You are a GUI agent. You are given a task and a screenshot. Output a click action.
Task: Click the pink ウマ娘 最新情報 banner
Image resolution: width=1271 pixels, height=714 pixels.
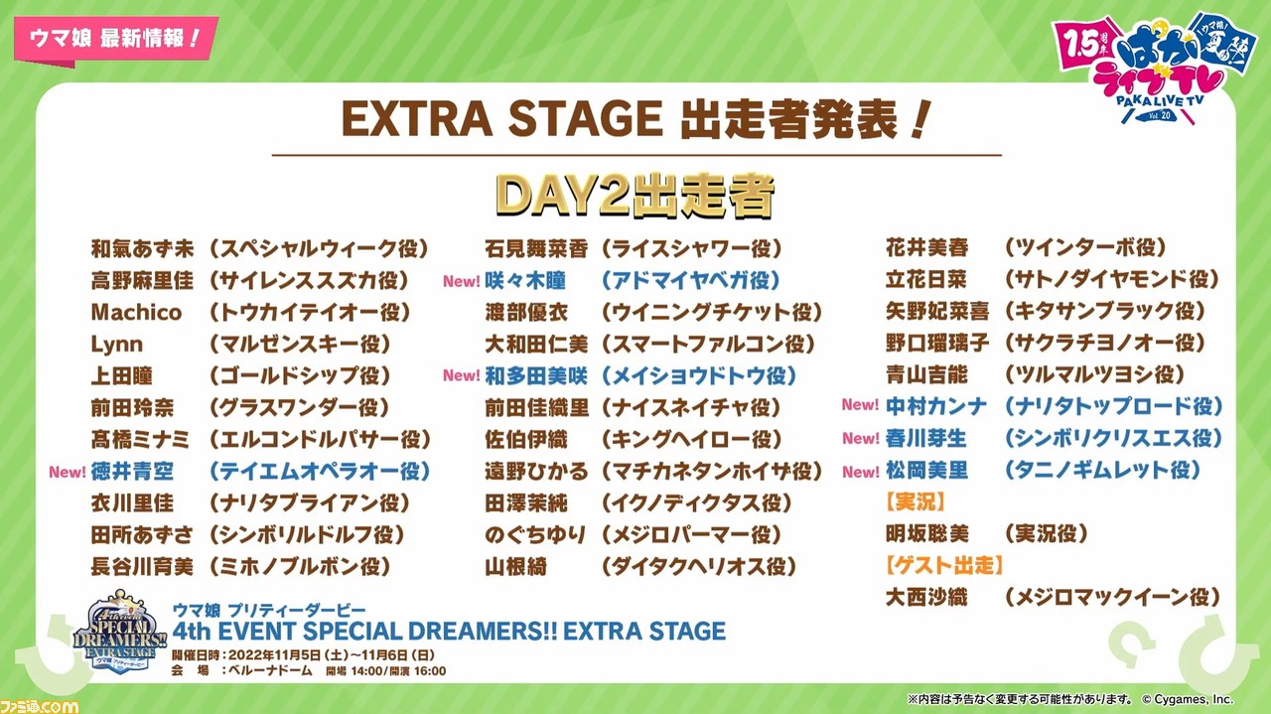(x=116, y=39)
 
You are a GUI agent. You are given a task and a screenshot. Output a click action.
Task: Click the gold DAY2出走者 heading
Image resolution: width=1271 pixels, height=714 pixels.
(x=635, y=196)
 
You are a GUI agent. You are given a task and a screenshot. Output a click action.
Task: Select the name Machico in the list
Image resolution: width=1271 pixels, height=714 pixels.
(x=136, y=312)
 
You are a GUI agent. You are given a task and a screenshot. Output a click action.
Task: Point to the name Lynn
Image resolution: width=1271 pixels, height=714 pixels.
(x=117, y=344)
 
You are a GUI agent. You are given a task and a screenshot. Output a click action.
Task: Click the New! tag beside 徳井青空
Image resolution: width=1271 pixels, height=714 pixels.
(x=68, y=472)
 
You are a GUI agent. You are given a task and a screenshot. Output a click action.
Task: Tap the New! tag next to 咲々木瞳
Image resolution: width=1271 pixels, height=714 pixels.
(x=462, y=281)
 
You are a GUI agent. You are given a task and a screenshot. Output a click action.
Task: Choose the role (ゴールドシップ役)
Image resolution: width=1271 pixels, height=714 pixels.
(x=300, y=375)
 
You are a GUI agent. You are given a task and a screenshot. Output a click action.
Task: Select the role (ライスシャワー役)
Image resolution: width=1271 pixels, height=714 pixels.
(x=691, y=248)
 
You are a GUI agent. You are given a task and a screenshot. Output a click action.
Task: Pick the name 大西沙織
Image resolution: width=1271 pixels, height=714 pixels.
(x=926, y=597)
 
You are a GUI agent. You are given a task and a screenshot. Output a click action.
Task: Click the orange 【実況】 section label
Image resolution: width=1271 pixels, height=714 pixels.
(x=916, y=501)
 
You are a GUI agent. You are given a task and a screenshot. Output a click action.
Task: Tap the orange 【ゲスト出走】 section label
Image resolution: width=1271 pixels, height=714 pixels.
(x=944, y=565)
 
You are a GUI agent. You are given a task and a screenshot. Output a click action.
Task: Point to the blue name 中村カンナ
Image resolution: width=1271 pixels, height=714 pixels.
(x=936, y=406)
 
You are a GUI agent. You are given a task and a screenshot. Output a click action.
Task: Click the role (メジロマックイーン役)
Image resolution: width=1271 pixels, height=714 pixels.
(x=1112, y=597)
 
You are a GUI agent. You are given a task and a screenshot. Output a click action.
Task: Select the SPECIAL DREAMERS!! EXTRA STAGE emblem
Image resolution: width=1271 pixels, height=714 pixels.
(x=120, y=632)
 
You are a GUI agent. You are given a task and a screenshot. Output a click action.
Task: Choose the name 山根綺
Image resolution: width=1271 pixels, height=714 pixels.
(x=515, y=566)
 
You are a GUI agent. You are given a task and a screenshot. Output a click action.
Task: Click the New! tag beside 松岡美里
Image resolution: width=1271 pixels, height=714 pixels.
(x=861, y=472)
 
